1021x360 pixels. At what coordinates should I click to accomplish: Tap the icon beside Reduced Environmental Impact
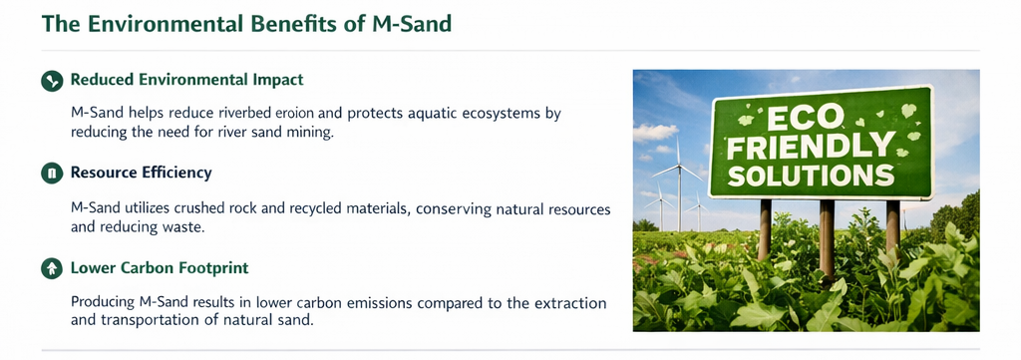pos(52,81)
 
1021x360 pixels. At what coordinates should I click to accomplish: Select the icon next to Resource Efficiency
pos(52,174)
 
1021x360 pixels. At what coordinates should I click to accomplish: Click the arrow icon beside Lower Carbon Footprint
pos(52,268)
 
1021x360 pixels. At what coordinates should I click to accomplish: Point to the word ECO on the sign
pos(808,119)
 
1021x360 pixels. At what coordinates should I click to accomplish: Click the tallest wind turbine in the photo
pos(678,182)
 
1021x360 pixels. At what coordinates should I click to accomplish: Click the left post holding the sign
pos(765,229)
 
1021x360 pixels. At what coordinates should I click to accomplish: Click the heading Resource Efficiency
pos(141,174)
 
